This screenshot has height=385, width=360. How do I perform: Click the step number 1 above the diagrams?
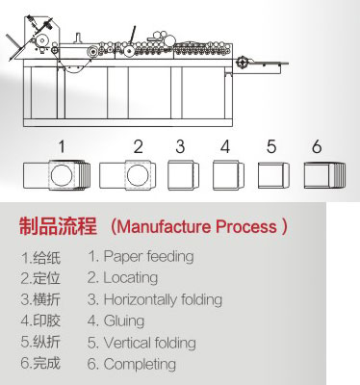click(x=62, y=146)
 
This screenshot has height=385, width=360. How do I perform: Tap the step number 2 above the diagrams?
click(x=138, y=146)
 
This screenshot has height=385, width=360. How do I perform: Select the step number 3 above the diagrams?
click(x=180, y=146)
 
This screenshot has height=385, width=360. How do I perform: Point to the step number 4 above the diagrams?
click(x=225, y=146)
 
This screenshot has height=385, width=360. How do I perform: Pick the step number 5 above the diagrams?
click(x=271, y=146)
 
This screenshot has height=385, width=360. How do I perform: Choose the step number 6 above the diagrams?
click(x=317, y=146)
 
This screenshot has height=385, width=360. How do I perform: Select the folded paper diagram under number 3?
click(x=183, y=175)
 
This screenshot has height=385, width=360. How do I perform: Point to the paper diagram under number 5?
click(x=273, y=175)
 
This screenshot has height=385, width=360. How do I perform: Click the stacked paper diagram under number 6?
click(x=324, y=175)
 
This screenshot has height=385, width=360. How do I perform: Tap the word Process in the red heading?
click(x=246, y=226)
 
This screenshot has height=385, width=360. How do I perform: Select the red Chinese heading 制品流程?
click(x=58, y=226)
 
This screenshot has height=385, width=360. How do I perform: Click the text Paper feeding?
click(x=148, y=257)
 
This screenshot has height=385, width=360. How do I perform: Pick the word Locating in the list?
click(x=131, y=278)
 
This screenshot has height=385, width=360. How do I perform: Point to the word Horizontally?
click(x=141, y=299)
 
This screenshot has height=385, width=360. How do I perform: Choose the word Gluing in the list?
click(x=124, y=321)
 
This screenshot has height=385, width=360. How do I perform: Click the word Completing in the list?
click(x=140, y=364)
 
